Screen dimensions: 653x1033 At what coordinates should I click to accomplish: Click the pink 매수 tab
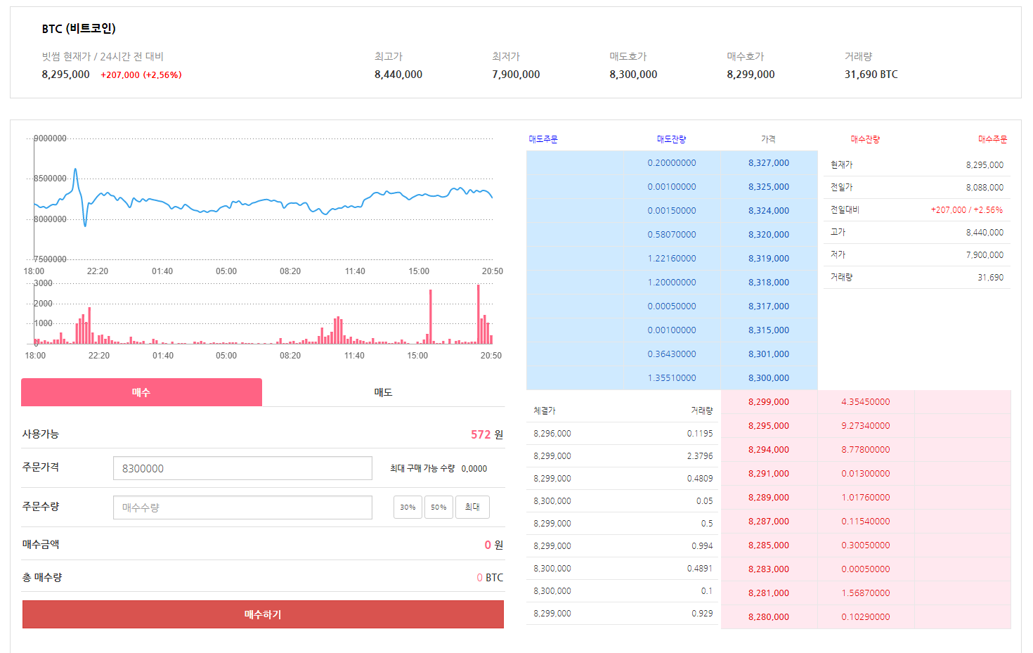tap(141, 392)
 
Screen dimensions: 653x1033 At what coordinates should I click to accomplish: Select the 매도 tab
tap(383, 392)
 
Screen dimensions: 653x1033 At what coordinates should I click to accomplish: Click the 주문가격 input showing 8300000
tap(242, 468)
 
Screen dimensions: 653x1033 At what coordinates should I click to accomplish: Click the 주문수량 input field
tap(242, 507)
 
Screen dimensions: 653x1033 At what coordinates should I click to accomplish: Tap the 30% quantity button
tap(408, 507)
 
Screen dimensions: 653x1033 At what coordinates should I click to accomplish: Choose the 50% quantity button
tap(438, 507)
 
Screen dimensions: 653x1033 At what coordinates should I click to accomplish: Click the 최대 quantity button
tap(472, 507)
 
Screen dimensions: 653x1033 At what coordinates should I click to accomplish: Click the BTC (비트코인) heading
tap(79, 29)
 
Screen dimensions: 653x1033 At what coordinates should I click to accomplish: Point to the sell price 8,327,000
tap(768, 163)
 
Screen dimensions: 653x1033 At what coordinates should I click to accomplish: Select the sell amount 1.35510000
tap(672, 378)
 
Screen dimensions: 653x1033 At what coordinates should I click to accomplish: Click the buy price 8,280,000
tap(768, 617)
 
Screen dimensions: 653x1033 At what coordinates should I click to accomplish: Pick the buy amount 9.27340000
tap(865, 426)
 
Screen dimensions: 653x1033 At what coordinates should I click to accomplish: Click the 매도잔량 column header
tap(671, 140)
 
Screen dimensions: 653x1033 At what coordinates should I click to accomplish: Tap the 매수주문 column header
tap(992, 140)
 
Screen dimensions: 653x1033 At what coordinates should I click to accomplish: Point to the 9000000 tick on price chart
tap(50, 138)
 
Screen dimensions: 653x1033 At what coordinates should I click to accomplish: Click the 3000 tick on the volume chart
tap(43, 283)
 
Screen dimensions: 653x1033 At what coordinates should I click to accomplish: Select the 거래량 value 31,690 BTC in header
tap(871, 75)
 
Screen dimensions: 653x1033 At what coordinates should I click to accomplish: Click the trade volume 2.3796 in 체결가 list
tap(699, 456)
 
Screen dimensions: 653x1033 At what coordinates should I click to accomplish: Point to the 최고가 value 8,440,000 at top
tap(398, 75)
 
